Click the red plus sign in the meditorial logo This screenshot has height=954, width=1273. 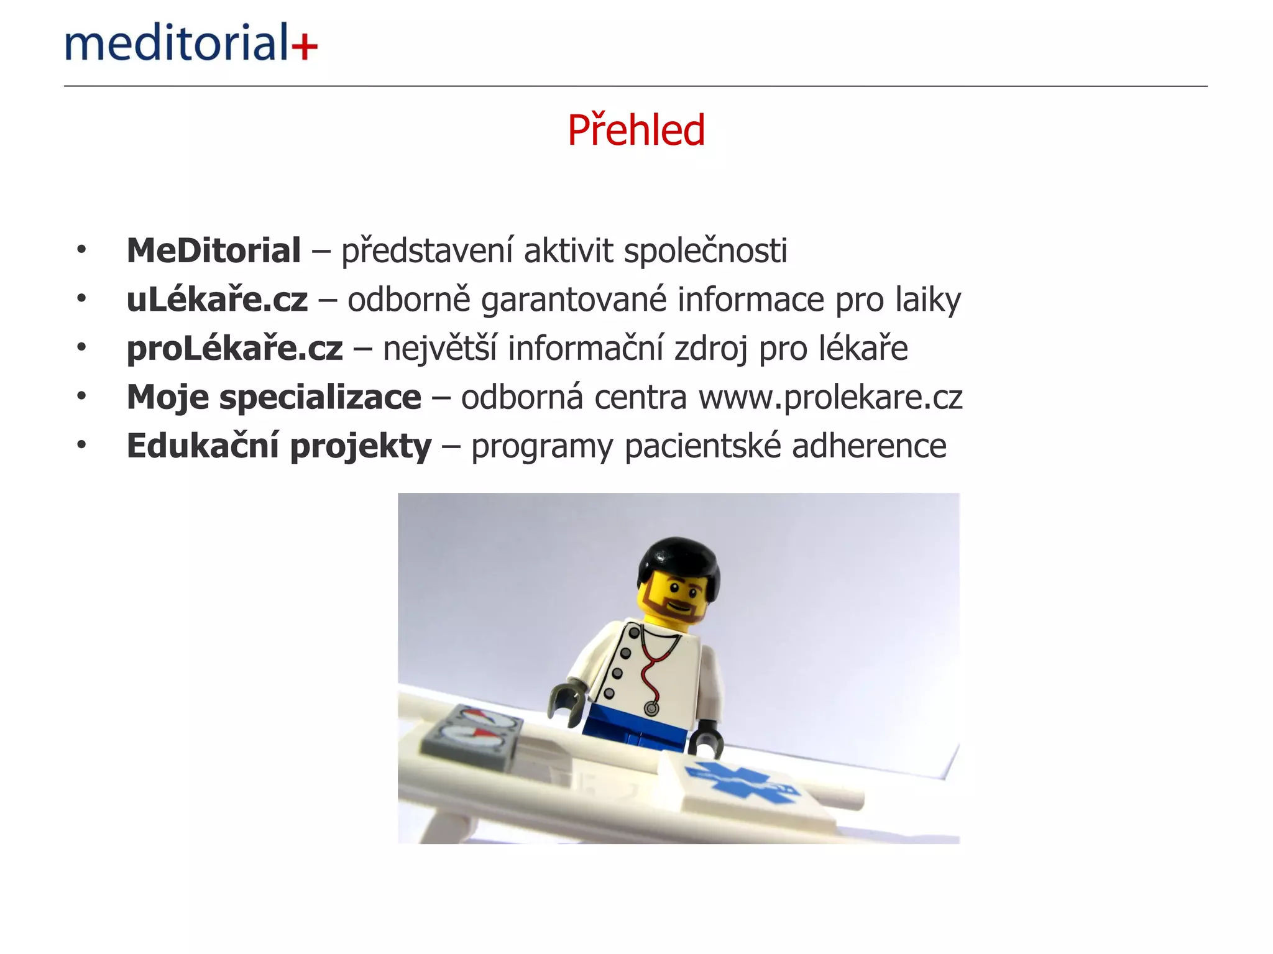click(x=305, y=46)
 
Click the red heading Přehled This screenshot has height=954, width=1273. click(x=636, y=130)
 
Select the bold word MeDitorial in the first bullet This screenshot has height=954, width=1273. click(x=214, y=250)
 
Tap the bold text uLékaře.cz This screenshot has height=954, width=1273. click(x=217, y=300)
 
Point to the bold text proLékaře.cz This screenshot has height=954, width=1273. click(x=234, y=348)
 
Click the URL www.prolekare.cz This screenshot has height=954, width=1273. click(x=830, y=397)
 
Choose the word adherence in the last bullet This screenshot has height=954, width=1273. click(x=869, y=446)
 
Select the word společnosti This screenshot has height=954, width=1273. click(x=705, y=250)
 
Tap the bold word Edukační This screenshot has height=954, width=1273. click(x=203, y=446)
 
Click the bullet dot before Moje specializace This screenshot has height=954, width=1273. click(x=81, y=396)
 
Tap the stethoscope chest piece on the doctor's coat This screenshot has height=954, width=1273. click(x=651, y=708)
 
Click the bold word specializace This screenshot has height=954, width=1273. click(x=320, y=397)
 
